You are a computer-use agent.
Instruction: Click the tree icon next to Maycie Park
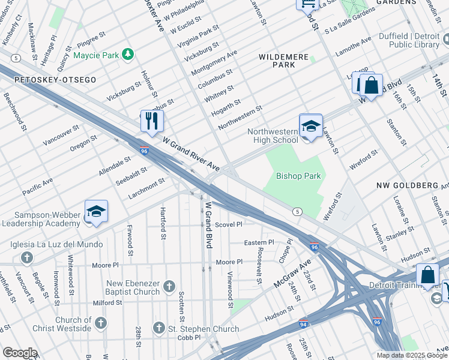coord(127,55)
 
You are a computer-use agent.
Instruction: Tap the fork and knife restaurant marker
coord(151,120)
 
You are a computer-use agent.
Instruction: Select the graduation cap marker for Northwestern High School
coord(310,126)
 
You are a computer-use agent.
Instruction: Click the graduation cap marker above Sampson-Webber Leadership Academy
coord(96,212)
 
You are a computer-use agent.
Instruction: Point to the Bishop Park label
coord(298,176)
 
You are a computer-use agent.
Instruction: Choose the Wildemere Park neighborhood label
coord(283,60)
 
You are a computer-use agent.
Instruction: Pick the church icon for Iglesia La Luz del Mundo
coord(26,257)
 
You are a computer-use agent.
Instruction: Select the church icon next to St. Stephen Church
coord(159,328)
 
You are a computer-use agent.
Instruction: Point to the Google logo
coord(20,353)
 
